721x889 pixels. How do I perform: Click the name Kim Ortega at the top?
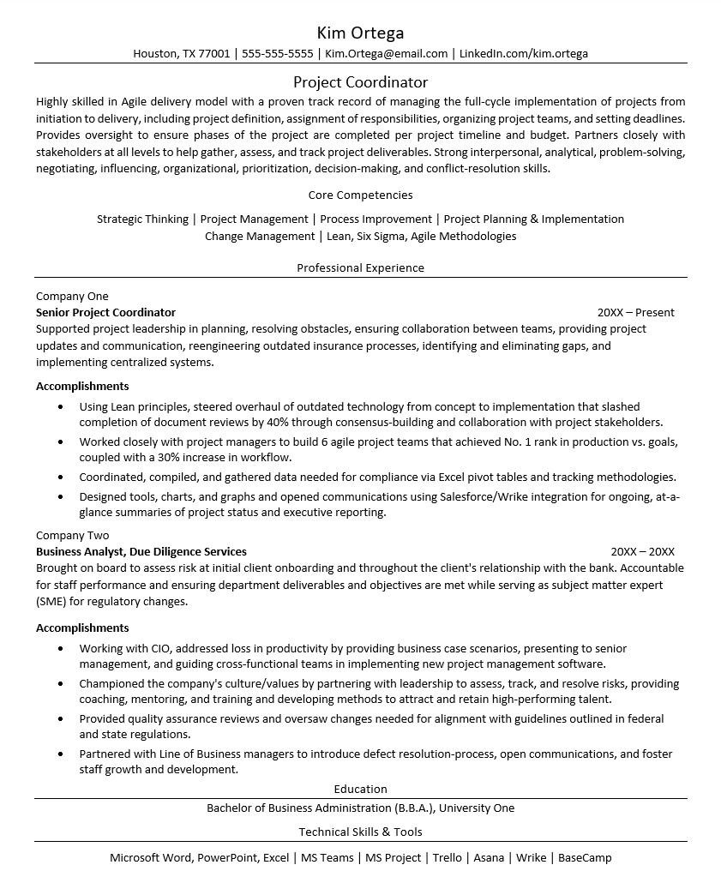click(x=360, y=33)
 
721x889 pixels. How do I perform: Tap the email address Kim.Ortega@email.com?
click(x=386, y=53)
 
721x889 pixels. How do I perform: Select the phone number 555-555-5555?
click(x=277, y=53)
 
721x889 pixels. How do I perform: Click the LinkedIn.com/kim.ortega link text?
click(x=523, y=53)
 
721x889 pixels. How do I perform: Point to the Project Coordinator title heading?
click(x=360, y=82)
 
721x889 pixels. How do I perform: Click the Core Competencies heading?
click(x=360, y=195)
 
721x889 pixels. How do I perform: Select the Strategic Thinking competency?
click(x=142, y=219)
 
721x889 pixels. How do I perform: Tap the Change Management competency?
click(x=260, y=236)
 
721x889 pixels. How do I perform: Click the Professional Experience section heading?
click(x=360, y=267)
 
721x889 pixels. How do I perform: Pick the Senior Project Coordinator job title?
click(x=105, y=312)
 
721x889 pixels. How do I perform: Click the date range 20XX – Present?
click(x=635, y=312)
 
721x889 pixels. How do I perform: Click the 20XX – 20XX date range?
click(x=642, y=551)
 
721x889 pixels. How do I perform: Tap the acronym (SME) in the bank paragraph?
click(x=51, y=601)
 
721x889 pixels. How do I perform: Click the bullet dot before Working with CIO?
click(x=60, y=649)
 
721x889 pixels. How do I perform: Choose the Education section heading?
click(x=360, y=789)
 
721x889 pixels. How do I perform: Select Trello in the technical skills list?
click(x=447, y=857)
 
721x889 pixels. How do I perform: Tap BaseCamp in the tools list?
click(x=585, y=857)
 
